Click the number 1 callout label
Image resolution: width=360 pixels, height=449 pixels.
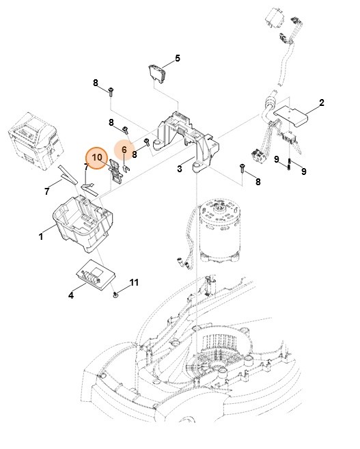click(x=42, y=236)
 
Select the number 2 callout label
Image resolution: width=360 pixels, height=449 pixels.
click(x=322, y=103)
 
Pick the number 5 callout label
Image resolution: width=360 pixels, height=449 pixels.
click(x=178, y=58)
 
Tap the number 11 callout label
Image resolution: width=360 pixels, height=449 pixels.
click(x=134, y=282)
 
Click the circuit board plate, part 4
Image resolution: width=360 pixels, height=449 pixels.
click(x=95, y=275)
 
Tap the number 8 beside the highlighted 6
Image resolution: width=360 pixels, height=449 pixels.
click(x=135, y=155)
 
